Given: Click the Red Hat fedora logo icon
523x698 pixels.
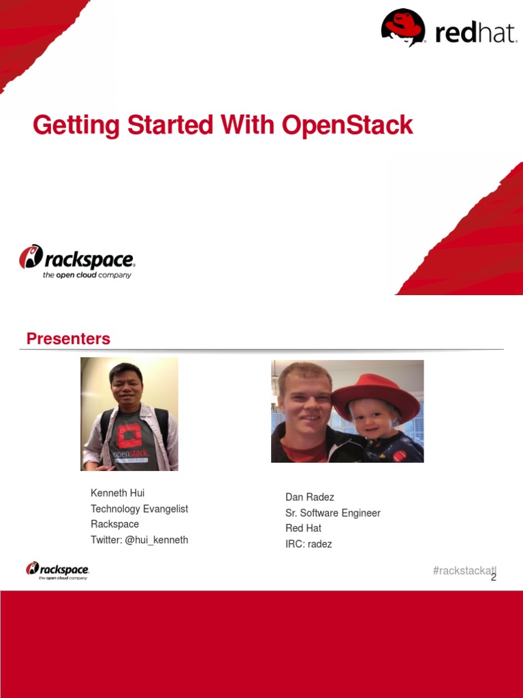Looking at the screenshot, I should click(x=403, y=27).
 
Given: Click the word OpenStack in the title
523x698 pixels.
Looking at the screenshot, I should click(x=347, y=125).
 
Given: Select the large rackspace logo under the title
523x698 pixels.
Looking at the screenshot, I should click(x=76, y=261).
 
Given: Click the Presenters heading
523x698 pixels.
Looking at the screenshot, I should click(x=68, y=339).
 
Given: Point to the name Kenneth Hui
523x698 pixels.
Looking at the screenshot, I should click(x=117, y=493).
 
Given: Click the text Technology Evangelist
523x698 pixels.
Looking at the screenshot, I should click(x=139, y=509).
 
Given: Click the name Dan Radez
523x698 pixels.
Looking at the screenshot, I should click(x=309, y=497).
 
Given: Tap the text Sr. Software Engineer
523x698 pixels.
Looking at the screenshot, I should click(x=332, y=513).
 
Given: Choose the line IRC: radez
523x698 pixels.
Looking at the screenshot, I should click(x=308, y=544).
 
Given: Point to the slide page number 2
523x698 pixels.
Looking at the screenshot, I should click(x=494, y=577).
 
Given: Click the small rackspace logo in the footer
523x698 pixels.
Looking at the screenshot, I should click(x=57, y=570).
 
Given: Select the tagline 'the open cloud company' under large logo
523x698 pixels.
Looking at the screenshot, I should click(x=86, y=275).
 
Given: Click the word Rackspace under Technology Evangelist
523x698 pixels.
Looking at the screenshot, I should click(x=114, y=524).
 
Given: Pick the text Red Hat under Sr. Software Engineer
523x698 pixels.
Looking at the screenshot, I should click(x=303, y=528).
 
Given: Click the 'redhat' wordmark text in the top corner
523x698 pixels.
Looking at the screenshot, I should click(x=475, y=33).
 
